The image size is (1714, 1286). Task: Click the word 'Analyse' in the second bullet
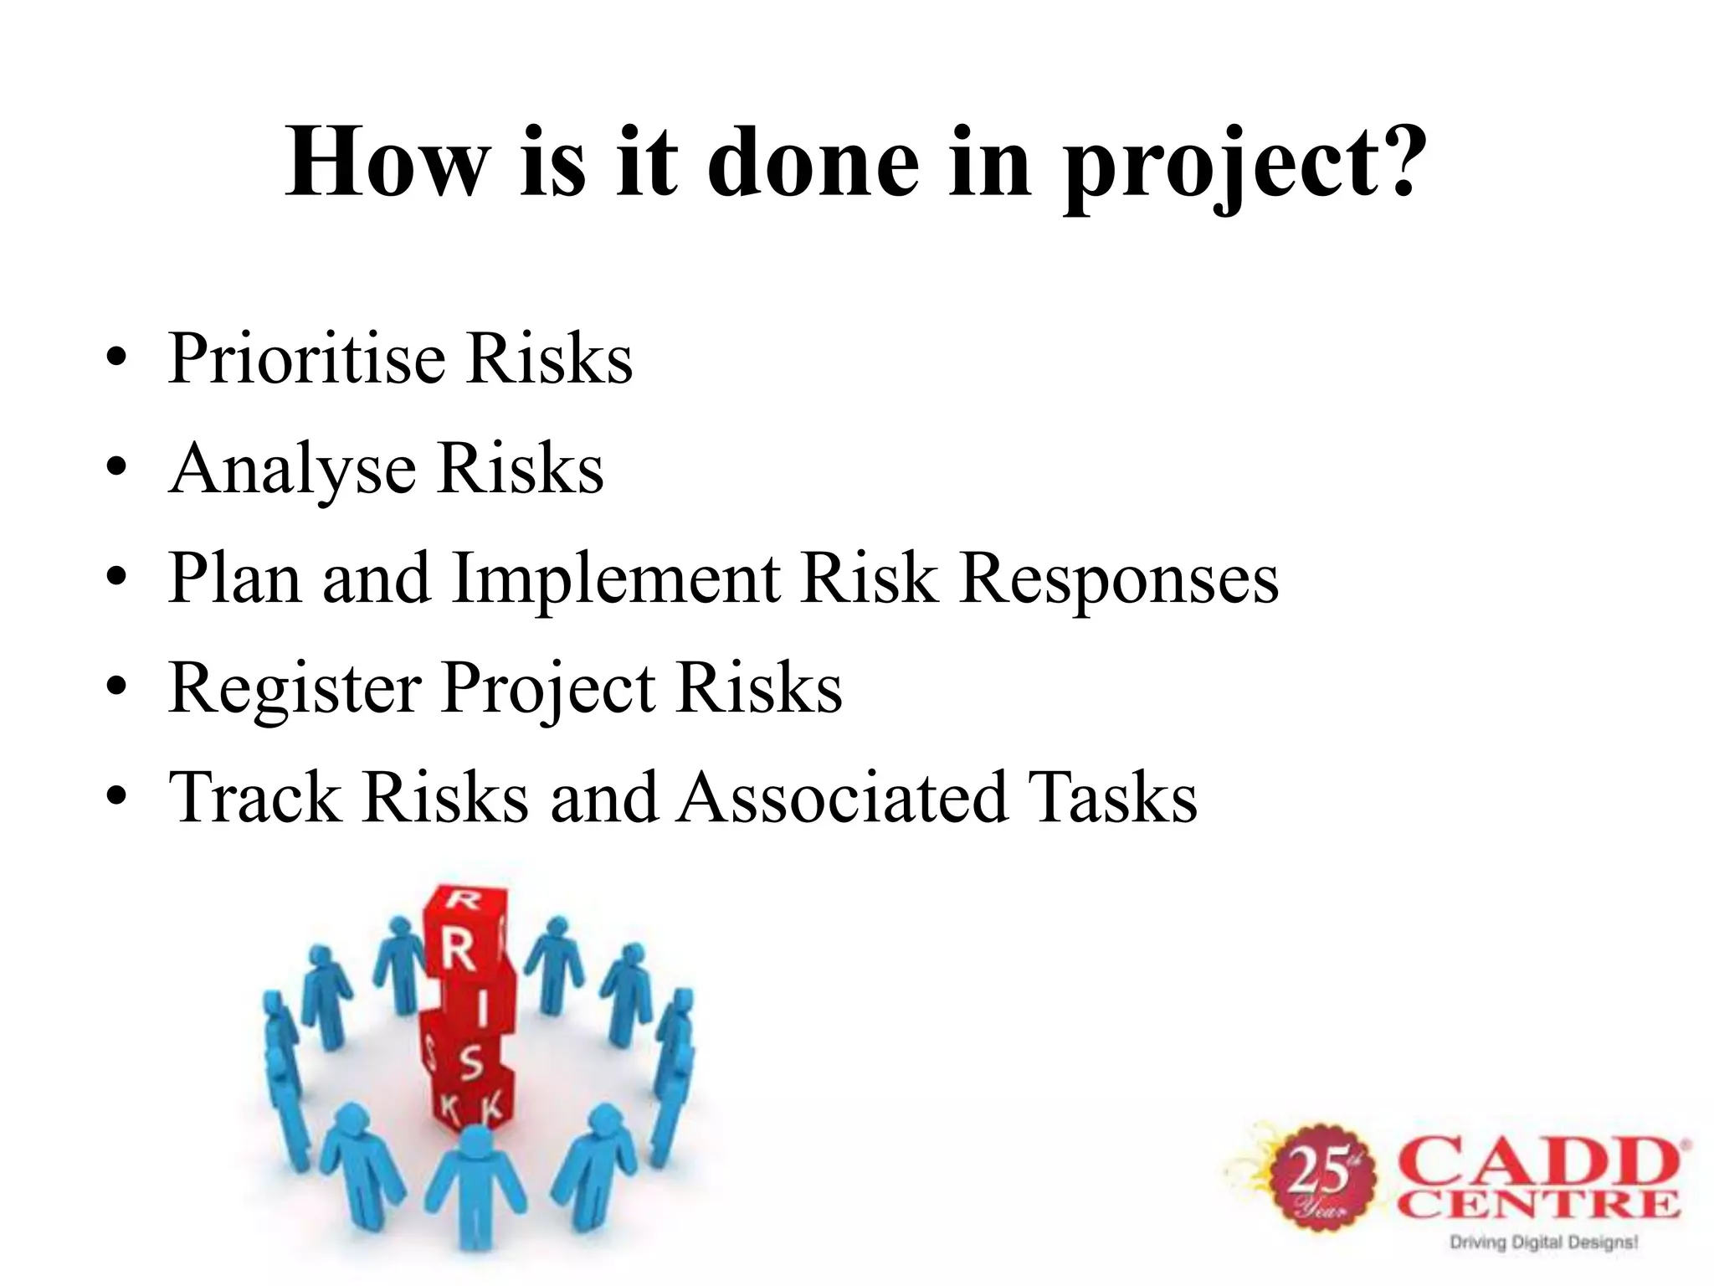click(x=292, y=469)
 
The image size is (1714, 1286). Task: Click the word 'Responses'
click(x=1119, y=579)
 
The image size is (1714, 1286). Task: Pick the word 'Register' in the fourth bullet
click(x=294, y=688)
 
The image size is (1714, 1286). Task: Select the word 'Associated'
click(x=842, y=797)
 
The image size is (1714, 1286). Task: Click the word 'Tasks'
click(x=1112, y=797)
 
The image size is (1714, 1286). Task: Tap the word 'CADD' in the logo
click(x=1538, y=1162)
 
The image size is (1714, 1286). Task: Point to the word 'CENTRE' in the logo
click(x=1538, y=1206)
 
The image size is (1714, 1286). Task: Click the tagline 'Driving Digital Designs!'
click(x=1542, y=1242)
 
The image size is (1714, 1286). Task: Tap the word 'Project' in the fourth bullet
click(x=547, y=688)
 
